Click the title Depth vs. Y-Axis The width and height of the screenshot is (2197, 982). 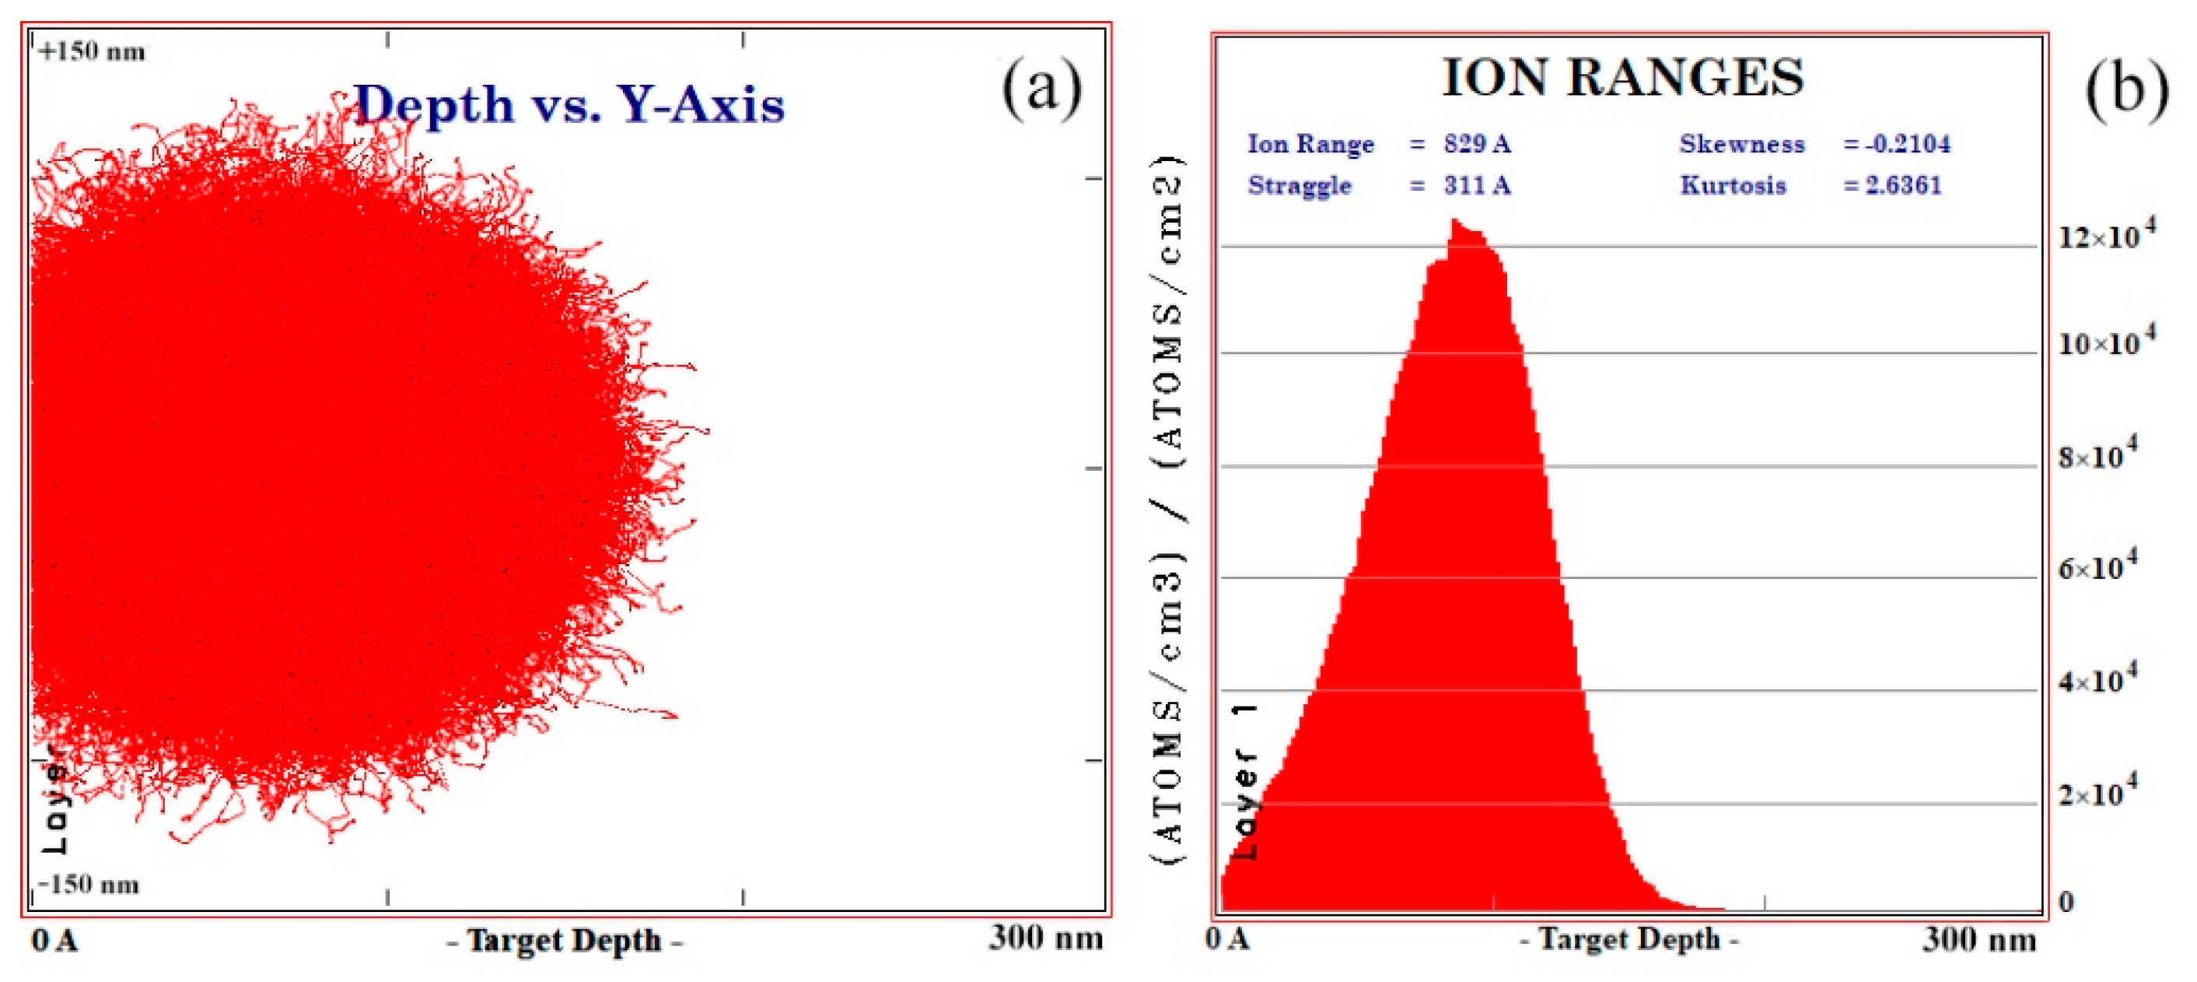click(x=568, y=106)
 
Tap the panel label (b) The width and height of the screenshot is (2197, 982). click(x=2126, y=89)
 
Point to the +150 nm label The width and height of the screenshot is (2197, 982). click(x=91, y=51)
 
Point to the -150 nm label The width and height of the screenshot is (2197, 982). click(x=89, y=884)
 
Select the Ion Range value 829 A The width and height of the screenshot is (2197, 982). click(x=1476, y=143)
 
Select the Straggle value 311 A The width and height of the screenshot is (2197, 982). click(x=1476, y=184)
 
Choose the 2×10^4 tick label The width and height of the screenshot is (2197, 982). click(x=2097, y=794)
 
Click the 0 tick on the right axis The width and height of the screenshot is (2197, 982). click(x=2066, y=902)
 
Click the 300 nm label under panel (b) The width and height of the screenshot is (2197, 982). click(x=1978, y=939)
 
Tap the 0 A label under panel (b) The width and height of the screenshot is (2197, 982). click(x=1227, y=939)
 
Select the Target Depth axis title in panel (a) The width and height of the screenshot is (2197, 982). click(x=564, y=940)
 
